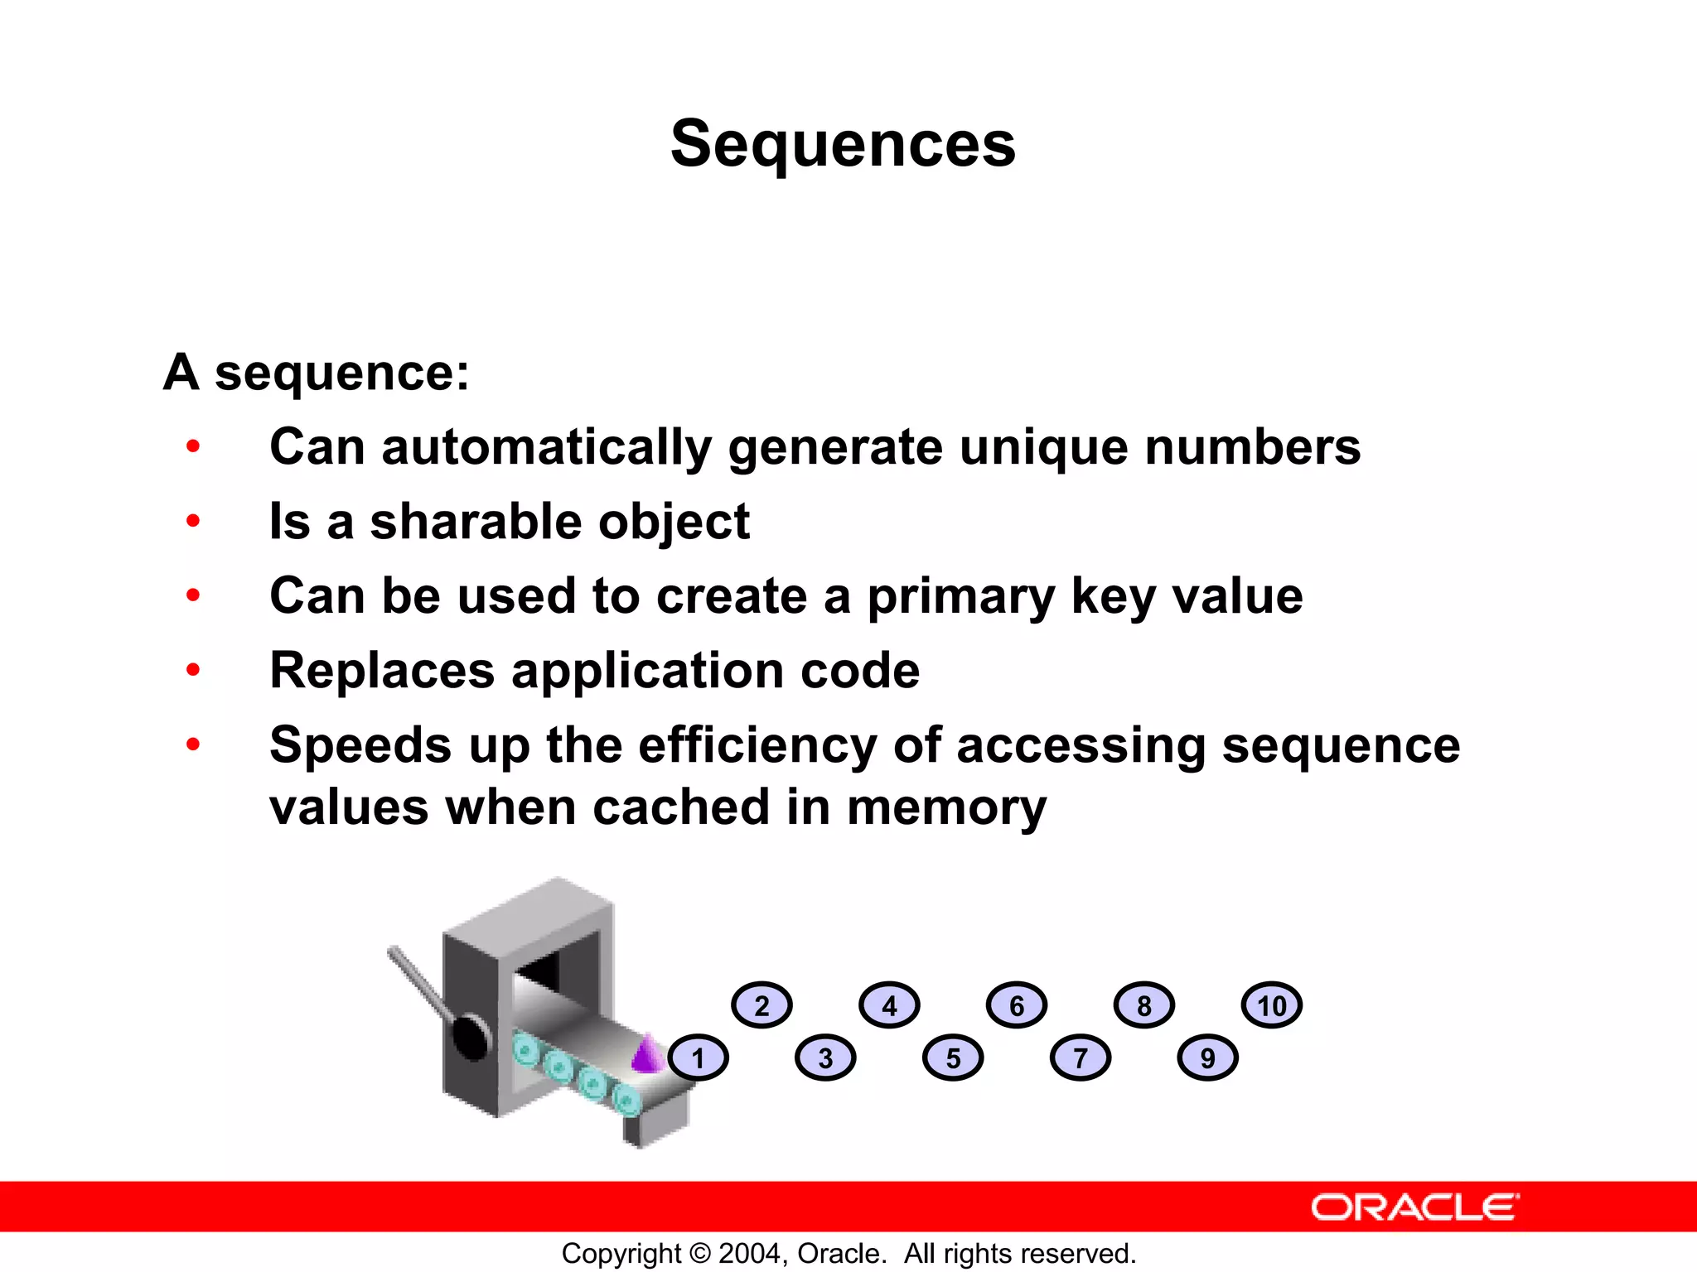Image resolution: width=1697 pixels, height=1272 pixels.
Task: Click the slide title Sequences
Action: click(x=843, y=144)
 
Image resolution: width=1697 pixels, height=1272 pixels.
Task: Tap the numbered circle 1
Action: click(x=698, y=1058)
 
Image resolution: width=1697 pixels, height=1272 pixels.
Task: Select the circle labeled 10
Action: click(x=1272, y=1005)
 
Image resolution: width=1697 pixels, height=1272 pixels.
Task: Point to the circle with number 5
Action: click(x=953, y=1058)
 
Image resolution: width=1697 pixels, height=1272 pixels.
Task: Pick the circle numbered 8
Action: click(x=1144, y=1005)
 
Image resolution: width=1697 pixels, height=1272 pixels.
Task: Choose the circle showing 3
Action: click(x=825, y=1058)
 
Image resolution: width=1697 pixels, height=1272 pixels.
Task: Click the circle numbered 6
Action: click(x=1017, y=1005)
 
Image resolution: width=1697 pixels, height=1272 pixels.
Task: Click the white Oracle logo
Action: click(x=1415, y=1207)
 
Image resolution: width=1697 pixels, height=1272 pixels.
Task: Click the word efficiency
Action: click(x=757, y=745)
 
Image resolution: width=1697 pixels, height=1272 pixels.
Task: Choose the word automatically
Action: click(x=546, y=448)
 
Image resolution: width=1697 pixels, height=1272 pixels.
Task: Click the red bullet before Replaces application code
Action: click(x=193, y=669)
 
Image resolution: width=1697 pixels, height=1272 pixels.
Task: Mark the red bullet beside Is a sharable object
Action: click(x=193, y=521)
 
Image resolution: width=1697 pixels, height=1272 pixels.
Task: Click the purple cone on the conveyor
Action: click(x=647, y=1054)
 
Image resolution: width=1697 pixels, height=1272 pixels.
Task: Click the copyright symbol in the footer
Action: click(x=700, y=1254)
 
